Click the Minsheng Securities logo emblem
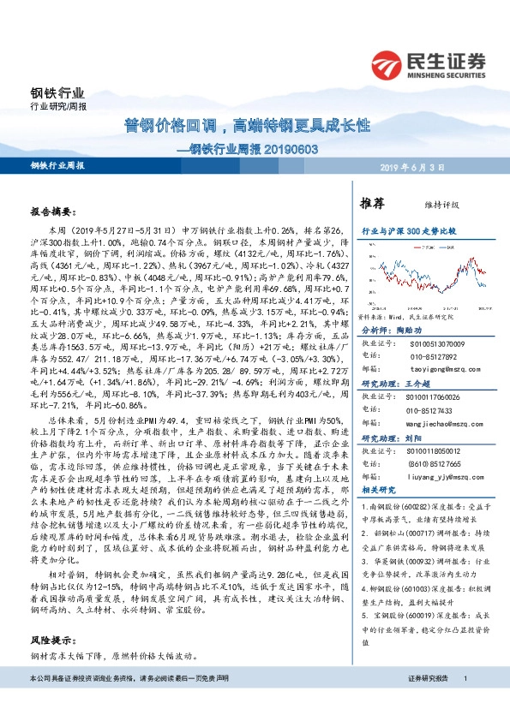click(389, 63)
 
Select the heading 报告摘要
click(54, 210)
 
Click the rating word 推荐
click(372, 204)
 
